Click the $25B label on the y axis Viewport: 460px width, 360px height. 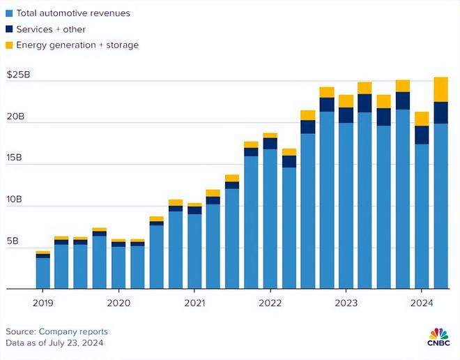coord(18,75)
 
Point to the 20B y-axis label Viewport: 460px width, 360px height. coord(15,117)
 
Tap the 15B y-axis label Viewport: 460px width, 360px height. coord(15,158)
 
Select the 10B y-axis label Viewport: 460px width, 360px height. coord(15,200)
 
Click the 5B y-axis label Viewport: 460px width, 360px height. coord(13,241)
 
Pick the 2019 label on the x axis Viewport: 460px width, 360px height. coord(43,303)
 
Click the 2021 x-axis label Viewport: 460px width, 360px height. coord(194,303)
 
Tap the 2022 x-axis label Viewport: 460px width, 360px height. coord(270,303)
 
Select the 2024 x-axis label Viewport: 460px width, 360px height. coord(422,303)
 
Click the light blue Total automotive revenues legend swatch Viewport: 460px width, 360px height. coord(9,13)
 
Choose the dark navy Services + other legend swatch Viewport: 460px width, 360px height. coord(9,29)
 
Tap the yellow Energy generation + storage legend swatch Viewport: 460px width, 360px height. coord(9,45)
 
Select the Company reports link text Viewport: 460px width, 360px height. coord(73,331)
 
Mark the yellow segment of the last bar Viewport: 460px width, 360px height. coord(441,89)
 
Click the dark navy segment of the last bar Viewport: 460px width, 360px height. coord(441,113)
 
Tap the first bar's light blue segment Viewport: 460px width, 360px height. coord(43,273)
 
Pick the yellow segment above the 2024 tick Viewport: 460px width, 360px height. coord(422,119)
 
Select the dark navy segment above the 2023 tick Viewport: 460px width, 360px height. coord(346,115)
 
